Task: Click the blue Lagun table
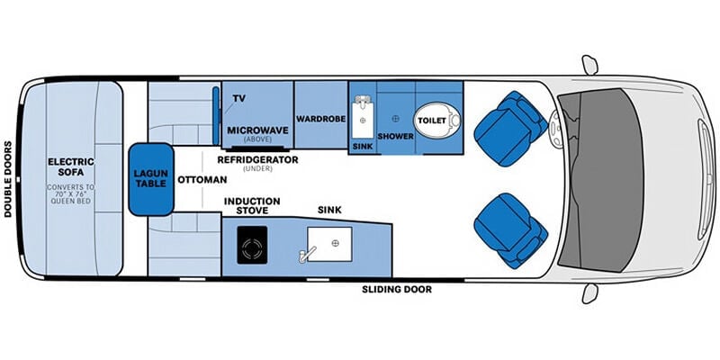[151, 179]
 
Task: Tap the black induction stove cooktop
[252, 245]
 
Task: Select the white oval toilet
[437, 120]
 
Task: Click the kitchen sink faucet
[306, 254]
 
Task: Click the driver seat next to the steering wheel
[509, 129]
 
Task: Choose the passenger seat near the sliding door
[510, 230]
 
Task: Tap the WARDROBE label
[320, 119]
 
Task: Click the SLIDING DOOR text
[397, 290]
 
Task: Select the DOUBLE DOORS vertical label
[8, 179]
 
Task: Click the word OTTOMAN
[202, 179]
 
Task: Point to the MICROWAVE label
[258, 130]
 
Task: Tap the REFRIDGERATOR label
[257, 160]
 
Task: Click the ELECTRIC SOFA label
[71, 167]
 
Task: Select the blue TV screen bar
[215, 115]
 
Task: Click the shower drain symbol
[395, 119]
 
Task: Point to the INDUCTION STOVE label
[252, 206]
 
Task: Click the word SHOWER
[395, 137]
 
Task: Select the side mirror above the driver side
[589, 65]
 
